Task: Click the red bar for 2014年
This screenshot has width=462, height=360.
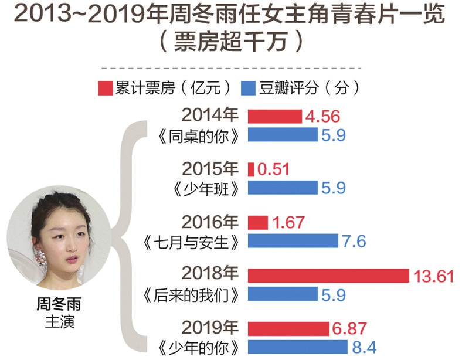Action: tap(275, 116)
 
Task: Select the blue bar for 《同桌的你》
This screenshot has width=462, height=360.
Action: tap(282, 135)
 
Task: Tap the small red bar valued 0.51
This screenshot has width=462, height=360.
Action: tap(251, 169)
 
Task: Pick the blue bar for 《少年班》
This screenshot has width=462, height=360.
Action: tap(282, 188)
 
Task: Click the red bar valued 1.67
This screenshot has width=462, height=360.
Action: tap(258, 222)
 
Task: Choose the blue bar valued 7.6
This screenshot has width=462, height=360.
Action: tap(293, 240)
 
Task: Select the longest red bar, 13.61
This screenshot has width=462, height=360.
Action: tap(328, 275)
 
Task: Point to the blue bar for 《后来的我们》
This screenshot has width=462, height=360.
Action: tap(282, 293)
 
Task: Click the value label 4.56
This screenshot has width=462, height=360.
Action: tap(322, 116)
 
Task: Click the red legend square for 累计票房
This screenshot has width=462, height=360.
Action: tap(104, 88)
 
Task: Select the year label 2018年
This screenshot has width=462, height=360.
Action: tap(210, 274)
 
